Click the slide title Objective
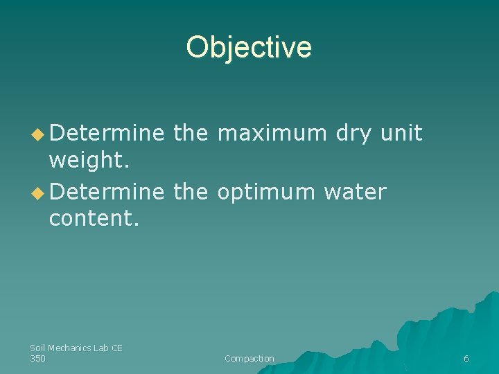pyautogui.click(x=249, y=47)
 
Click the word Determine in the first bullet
pyautogui.click(x=107, y=133)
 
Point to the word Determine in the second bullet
pyautogui.click(x=107, y=192)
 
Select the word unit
pyautogui.click(x=401, y=133)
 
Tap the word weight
pyautogui.click(x=86, y=161)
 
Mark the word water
pyautogui.click(x=355, y=192)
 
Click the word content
pyautogui.click(x=94, y=220)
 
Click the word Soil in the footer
pyautogui.click(x=37, y=348)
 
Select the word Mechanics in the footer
pyautogui.click(x=70, y=348)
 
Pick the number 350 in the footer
pyautogui.click(x=37, y=358)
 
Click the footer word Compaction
pyautogui.click(x=249, y=359)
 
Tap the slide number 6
pyautogui.click(x=466, y=359)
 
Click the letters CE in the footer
pyautogui.click(x=116, y=348)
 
